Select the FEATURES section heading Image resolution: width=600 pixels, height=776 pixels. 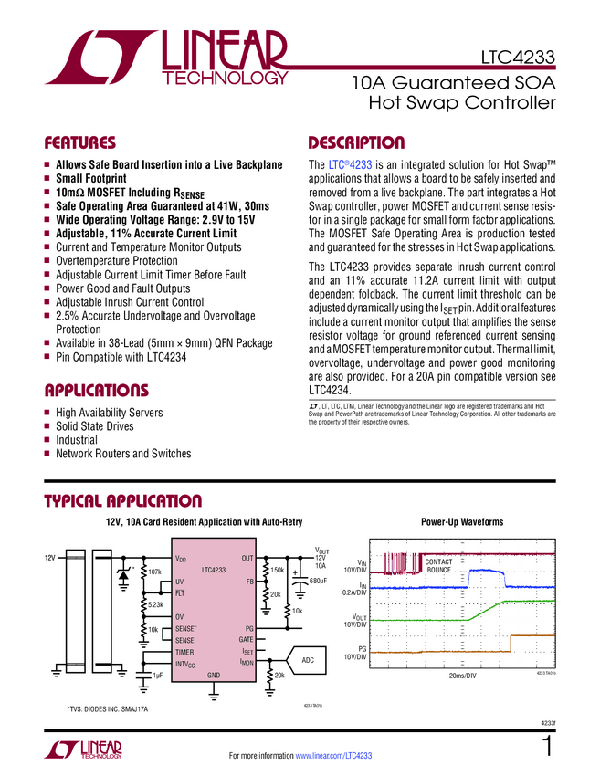coord(80,143)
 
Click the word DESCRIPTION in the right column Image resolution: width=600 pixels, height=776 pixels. coord(356,143)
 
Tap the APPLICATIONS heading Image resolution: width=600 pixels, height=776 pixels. coord(96,391)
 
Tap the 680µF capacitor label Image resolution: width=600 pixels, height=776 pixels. coord(318,581)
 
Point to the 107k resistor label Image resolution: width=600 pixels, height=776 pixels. coord(154,572)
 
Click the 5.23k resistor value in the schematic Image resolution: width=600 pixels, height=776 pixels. coord(155,604)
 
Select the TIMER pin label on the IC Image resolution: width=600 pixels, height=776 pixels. coord(185,652)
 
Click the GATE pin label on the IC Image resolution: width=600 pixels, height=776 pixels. coord(245,640)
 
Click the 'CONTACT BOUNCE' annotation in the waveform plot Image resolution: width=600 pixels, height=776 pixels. coord(439,565)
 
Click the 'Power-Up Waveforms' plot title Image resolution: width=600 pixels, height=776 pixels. coord(461,522)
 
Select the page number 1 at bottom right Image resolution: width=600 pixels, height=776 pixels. coord(548,746)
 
